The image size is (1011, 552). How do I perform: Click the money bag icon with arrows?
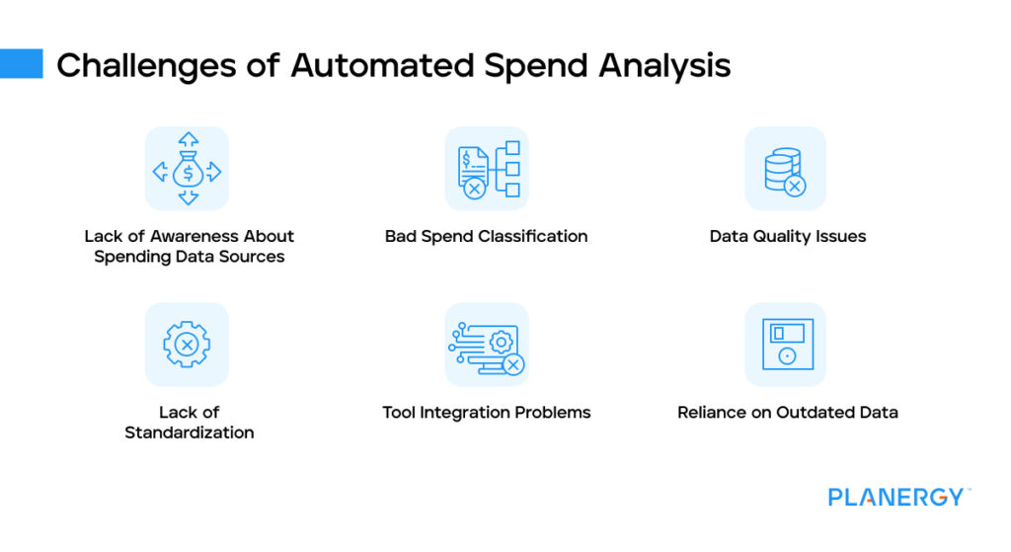(x=187, y=169)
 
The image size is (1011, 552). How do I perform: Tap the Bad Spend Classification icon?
(x=487, y=169)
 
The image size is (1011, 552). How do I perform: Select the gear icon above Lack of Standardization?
(x=187, y=345)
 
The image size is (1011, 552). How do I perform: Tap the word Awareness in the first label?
(x=194, y=237)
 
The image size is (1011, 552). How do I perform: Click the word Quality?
(x=782, y=237)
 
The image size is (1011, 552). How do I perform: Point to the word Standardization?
(x=190, y=433)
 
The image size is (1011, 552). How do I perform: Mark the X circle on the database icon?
(x=795, y=185)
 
